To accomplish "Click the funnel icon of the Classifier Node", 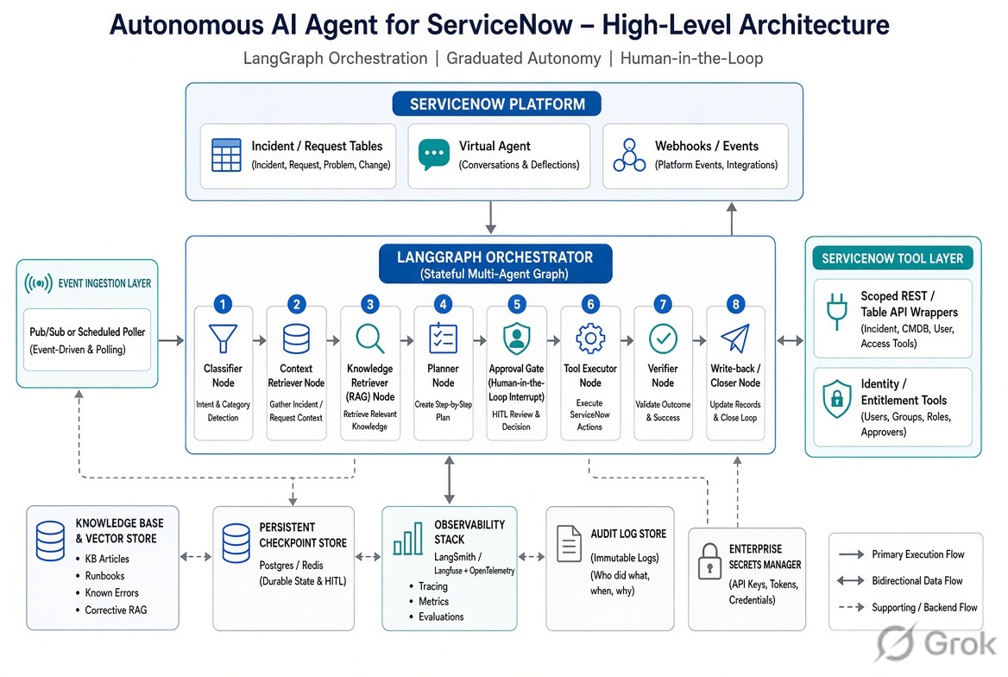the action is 223,338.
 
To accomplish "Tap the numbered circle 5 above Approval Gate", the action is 516,304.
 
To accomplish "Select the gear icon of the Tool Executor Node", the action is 590,338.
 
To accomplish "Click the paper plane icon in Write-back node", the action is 734,338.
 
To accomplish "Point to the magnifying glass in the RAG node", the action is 370,338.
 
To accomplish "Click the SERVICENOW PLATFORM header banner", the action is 497,104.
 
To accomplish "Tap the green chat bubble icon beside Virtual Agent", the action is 434,155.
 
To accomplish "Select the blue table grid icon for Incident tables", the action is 226,155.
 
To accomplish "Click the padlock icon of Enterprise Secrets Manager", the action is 709,562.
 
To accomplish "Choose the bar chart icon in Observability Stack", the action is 407,539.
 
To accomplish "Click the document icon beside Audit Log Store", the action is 569,544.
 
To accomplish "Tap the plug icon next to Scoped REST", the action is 836,312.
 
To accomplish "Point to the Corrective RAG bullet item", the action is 116,610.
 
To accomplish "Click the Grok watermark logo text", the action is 960,643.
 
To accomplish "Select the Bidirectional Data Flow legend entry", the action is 900,580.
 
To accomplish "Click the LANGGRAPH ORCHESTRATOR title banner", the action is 495,264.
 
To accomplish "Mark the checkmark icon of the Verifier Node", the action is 663,338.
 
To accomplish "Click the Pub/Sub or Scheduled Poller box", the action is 87,339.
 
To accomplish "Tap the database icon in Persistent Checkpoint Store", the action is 236,543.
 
